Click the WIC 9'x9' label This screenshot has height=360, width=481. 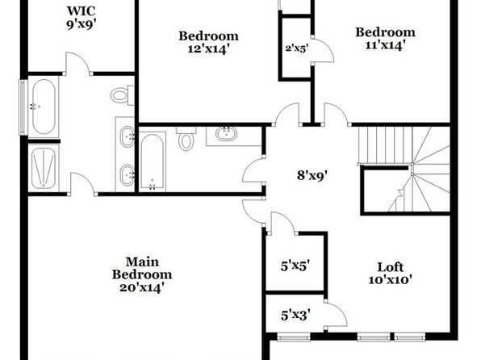(82, 18)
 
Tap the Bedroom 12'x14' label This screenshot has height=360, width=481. (208, 42)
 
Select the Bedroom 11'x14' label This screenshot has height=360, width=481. (385, 39)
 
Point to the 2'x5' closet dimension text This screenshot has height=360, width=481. (297, 48)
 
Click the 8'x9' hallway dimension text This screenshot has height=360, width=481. (312, 175)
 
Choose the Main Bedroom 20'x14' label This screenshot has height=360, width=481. (142, 274)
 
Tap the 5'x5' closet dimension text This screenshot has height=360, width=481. (295, 266)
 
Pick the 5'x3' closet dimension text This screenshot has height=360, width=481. (295, 315)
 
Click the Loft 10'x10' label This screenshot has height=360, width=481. (390, 273)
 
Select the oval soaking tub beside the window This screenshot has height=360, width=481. (44, 107)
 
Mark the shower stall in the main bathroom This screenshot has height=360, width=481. (44, 168)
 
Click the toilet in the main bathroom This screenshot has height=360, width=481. (122, 95)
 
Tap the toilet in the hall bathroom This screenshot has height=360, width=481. (186, 139)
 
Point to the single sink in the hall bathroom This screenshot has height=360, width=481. (227, 134)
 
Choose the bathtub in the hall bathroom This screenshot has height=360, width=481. (153, 162)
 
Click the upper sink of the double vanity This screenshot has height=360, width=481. (127, 136)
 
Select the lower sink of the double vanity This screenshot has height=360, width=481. (127, 175)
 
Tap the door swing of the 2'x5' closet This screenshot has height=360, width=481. (323, 51)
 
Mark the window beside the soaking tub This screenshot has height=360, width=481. (23, 107)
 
